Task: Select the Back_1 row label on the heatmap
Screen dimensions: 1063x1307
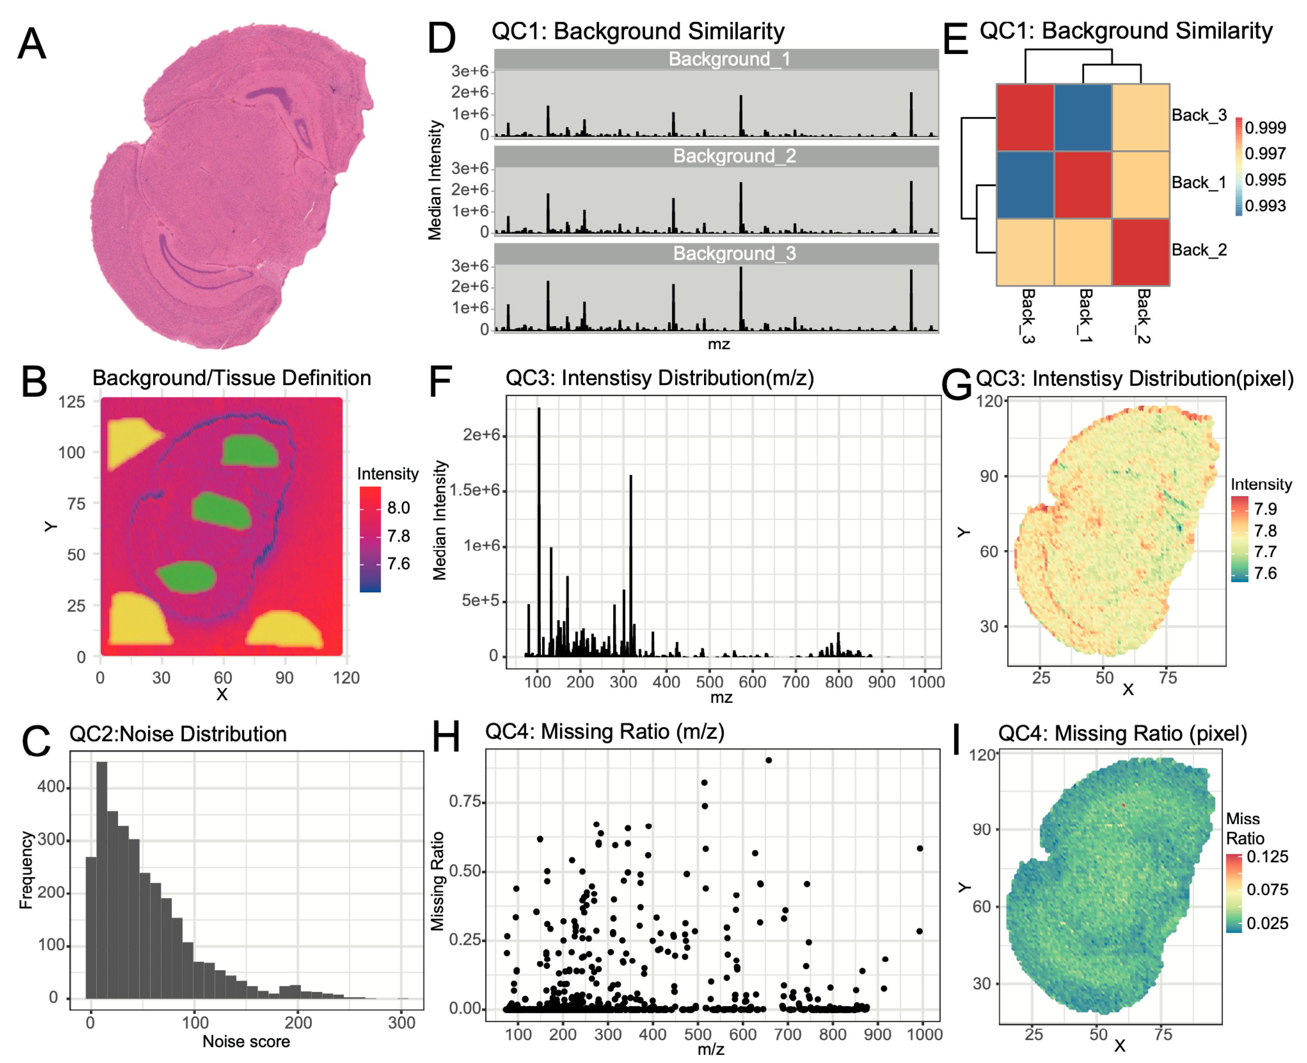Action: pos(1198,182)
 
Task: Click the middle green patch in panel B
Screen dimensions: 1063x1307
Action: pos(222,511)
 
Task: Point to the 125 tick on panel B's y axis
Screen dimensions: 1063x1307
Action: pos(72,402)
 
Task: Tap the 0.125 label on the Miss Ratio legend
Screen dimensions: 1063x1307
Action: pos(1267,856)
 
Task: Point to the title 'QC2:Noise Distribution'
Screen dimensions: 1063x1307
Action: pos(178,734)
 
